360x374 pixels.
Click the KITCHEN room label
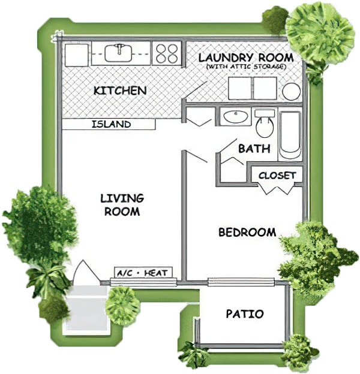(120, 91)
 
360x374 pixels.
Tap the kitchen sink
(119, 53)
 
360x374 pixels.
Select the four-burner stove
(167, 53)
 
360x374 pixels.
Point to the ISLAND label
(111, 124)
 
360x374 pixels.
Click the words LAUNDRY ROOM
(246, 58)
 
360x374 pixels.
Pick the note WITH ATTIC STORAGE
(245, 67)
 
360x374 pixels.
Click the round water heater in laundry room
(291, 92)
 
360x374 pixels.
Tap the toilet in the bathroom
(265, 123)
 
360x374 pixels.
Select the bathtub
(290, 135)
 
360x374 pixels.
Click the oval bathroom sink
(236, 117)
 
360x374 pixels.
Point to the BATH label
(254, 149)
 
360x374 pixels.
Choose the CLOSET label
(277, 176)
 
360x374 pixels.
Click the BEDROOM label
(247, 233)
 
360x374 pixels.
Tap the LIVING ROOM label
(122, 205)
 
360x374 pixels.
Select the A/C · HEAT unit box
(143, 273)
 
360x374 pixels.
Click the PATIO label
(245, 314)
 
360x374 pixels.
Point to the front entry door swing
(86, 272)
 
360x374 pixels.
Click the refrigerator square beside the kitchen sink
(76, 54)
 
